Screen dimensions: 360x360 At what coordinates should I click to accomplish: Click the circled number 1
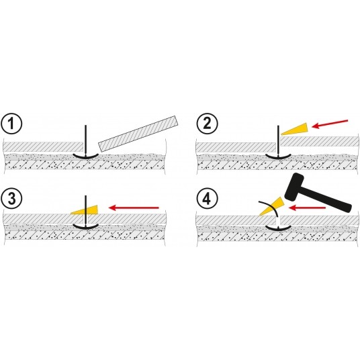click(x=11, y=124)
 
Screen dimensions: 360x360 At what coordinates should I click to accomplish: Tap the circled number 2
click(x=207, y=124)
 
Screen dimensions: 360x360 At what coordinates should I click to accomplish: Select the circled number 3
click(x=11, y=198)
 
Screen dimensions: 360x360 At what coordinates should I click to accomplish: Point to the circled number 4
click(x=207, y=198)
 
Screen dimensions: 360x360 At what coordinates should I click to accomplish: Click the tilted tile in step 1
click(x=138, y=133)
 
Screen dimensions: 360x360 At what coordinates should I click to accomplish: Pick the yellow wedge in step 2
click(x=295, y=129)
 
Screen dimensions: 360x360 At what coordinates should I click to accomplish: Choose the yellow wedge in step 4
click(x=271, y=206)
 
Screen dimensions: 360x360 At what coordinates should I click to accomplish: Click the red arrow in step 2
click(x=330, y=124)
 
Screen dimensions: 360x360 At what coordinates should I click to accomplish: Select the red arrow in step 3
click(x=134, y=208)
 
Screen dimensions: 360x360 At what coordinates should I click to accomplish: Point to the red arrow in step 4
click(x=307, y=208)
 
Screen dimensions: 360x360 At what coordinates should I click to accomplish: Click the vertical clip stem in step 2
click(x=278, y=140)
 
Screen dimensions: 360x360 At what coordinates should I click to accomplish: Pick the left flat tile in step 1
click(x=43, y=146)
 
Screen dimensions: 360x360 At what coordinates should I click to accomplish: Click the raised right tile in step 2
click(x=319, y=141)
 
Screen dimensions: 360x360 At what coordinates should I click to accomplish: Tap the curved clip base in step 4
click(x=278, y=228)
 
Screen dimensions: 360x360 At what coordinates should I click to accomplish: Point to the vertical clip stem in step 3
click(x=85, y=210)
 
